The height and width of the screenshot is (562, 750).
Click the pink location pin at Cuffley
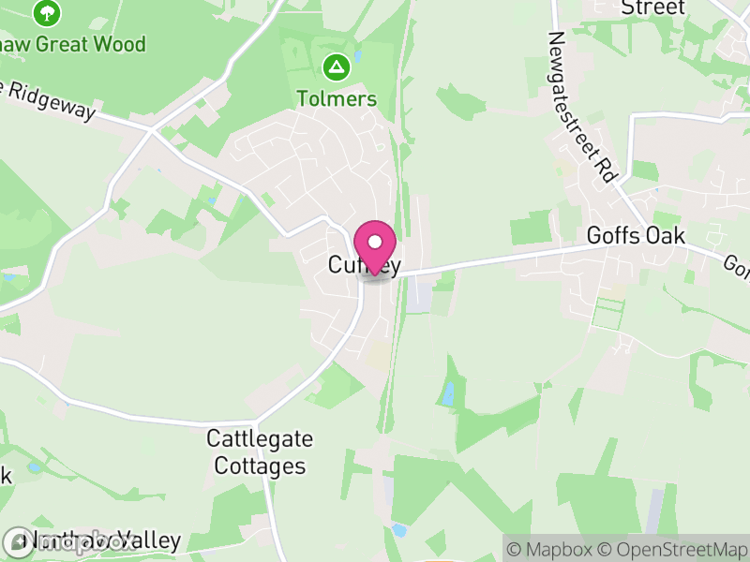click(375, 246)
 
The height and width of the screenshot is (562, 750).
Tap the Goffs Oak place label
click(636, 235)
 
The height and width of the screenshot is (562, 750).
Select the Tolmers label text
click(337, 98)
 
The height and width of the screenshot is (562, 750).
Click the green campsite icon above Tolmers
click(337, 67)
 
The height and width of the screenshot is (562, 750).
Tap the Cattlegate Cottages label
click(260, 451)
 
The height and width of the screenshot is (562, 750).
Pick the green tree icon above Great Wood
click(46, 12)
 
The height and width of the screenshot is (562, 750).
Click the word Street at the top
click(652, 7)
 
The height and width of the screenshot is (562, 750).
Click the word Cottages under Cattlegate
click(260, 465)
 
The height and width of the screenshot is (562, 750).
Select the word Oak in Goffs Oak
click(667, 235)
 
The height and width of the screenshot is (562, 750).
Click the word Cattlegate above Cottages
click(260, 438)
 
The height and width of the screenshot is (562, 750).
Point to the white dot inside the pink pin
click(375, 241)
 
